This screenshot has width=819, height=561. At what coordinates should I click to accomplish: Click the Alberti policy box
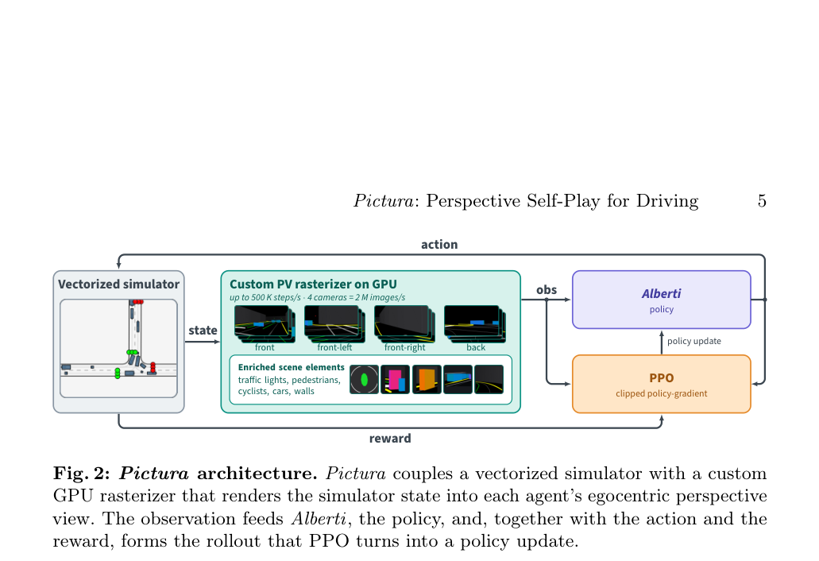click(661, 300)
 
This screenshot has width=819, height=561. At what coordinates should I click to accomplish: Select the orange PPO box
click(661, 384)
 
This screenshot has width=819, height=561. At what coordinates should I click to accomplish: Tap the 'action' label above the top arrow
click(439, 245)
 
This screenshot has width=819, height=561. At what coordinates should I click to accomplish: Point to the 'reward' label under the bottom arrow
click(390, 439)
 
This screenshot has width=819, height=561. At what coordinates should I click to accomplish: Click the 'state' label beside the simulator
click(203, 330)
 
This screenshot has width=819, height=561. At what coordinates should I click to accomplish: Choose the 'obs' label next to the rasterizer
click(547, 290)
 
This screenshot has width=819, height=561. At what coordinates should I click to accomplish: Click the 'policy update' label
click(693, 341)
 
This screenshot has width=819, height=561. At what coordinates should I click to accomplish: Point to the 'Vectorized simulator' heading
click(118, 284)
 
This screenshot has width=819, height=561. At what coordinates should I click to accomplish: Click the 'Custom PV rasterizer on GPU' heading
click(314, 284)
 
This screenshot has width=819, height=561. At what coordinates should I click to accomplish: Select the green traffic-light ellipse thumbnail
click(364, 379)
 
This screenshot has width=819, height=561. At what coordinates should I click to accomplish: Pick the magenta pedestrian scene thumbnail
click(396, 379)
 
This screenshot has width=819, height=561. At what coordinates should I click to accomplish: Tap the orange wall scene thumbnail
click(427, 379)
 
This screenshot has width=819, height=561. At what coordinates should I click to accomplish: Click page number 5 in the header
click(762, 201)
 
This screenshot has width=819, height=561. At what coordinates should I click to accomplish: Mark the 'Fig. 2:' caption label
click(82, 474)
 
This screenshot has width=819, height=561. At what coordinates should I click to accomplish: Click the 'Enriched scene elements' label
click(292, 367)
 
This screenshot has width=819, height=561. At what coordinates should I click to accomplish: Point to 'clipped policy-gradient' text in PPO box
click(661, 393)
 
